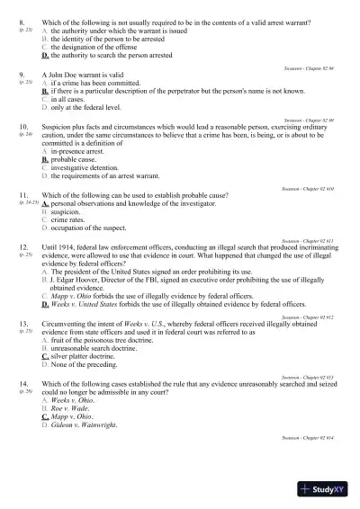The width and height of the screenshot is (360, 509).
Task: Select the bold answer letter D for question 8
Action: tap(45, 55)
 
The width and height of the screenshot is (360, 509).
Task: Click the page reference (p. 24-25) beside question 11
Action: tap(28, 203)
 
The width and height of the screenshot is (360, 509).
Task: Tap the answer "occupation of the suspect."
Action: tap(89, 228)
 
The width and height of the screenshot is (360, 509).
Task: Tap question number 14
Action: tap(22, 383)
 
